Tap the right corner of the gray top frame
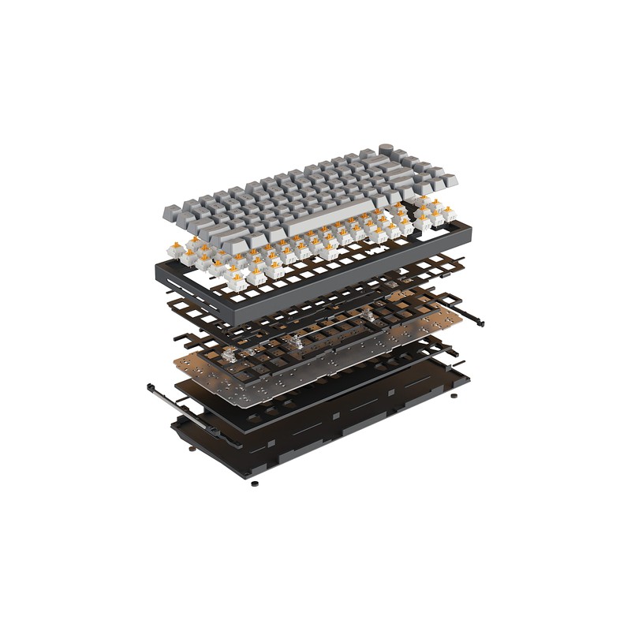click(467, 230)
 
